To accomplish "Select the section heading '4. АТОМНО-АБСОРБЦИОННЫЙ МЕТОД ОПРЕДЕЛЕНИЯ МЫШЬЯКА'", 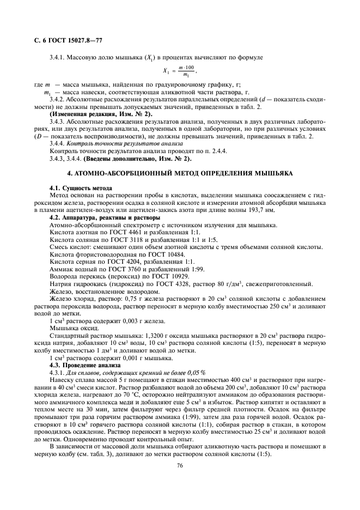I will [x=179, y=173].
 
